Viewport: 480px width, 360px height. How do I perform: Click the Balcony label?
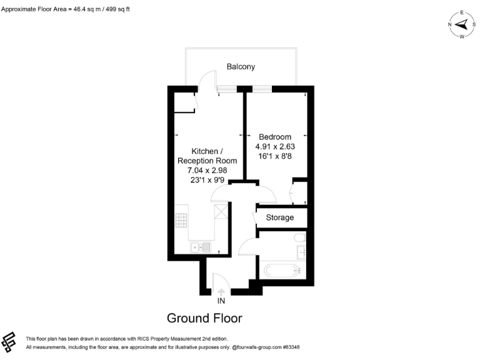pyautogui.click(x=241, y=66)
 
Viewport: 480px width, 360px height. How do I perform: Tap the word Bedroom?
pyautogui.click(x=275, y=137)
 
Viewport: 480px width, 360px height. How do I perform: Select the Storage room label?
pyautogui.click(x=279, y=217)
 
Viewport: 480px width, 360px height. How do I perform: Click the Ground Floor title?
pyautogui.click(x=204, y=317)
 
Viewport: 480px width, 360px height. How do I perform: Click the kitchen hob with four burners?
pyautogui.click(x=181, y=221)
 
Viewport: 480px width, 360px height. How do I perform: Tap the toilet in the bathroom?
pyautogui.click(x=299, y=237)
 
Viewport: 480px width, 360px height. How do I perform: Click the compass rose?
pyautogui.click(x=462, y=24)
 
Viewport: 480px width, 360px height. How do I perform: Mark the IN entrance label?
pyautogui.click(x=221, y=301)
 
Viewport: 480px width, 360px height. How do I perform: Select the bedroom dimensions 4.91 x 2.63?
pyautogui.click(x=275, y=147)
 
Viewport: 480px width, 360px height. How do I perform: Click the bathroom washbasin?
pyautogui.click(x=301, y=252)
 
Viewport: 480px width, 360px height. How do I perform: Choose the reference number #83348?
pyautogui.click(x=292, y=347)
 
